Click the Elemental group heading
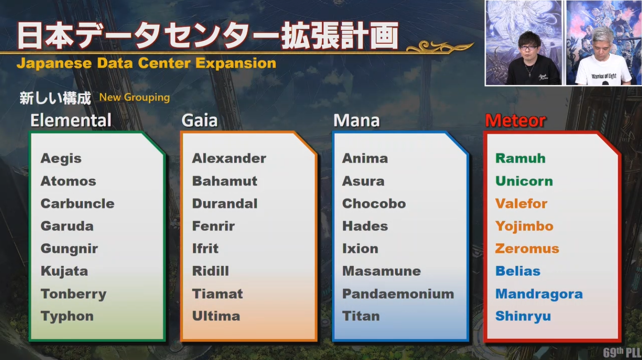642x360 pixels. [x=71, y=120]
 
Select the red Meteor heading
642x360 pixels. [x=516, y=121]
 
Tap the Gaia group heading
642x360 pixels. [x=200, y=120]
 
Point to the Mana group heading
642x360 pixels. [x=356, y=120]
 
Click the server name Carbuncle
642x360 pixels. [x=77, y=204]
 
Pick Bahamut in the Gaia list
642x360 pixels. [x=225, y=181]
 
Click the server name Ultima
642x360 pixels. [x=216, y=316]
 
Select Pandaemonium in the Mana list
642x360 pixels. [x=398, y=294]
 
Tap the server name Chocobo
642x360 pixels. [x=374, y=204]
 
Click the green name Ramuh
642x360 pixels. [x=520, y=159]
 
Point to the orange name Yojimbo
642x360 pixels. [x=524, y=226]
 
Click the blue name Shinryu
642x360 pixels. [x=523, y=317]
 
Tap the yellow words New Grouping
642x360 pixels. [x=135, y=98]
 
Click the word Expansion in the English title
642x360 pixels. [x=236, y=63]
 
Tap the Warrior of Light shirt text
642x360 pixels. [x=604, y=76]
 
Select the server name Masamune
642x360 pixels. [x=381, y=271]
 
